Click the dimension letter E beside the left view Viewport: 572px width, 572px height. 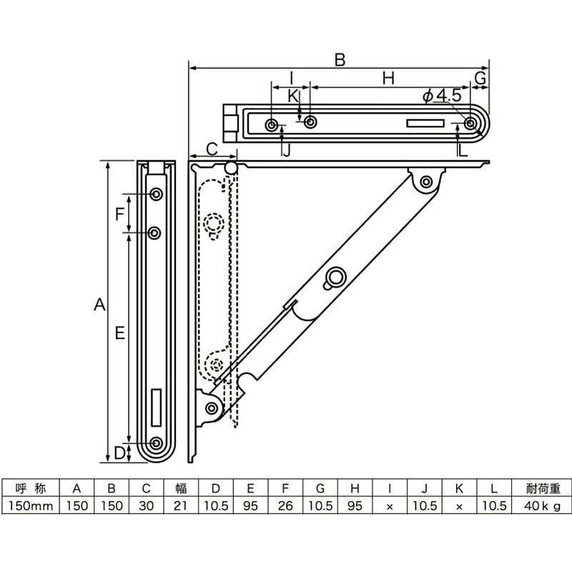tap(119, 332)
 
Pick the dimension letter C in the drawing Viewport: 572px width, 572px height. tap(212, 148)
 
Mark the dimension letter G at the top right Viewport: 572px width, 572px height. tap(481, 77)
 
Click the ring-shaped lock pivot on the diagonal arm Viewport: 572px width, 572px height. tap(335, 277)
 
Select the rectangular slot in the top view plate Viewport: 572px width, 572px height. tap(425, 124)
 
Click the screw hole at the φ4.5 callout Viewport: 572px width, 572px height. tap(470, 124)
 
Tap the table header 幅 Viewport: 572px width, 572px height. tap(182, 489)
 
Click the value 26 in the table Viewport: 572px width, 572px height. tap(285, 506)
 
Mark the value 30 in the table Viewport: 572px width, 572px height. tap(147, 506)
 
